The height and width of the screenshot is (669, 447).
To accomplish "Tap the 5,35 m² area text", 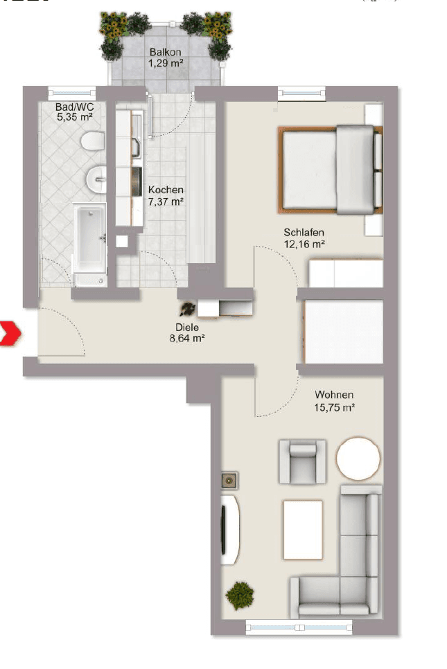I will [75, 118].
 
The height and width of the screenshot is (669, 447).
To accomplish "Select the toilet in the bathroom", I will [91, 143].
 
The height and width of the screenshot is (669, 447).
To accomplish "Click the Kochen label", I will [166, 190].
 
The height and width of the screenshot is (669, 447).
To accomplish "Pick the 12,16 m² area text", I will [304, 244].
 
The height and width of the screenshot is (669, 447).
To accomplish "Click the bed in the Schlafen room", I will [331, 168].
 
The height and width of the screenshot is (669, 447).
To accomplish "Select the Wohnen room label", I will [334, 395].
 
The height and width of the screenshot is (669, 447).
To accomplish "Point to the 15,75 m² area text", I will [334, 408].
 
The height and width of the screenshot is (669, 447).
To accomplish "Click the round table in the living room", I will [358, 458].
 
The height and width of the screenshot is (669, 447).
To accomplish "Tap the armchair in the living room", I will [301, 461].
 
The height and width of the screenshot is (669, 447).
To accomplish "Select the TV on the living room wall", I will [225, 529].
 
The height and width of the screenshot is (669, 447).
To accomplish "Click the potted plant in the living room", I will [240, 594].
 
